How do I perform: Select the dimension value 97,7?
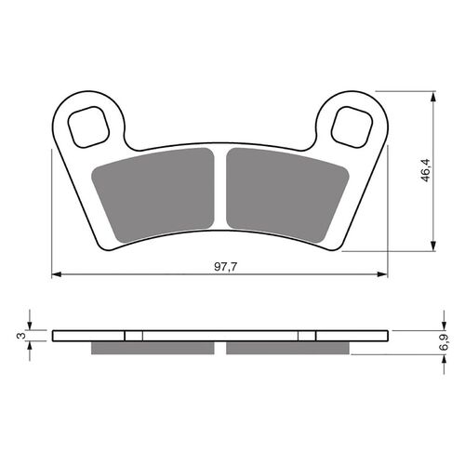point(221,267)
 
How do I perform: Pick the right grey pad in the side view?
point(286,348)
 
